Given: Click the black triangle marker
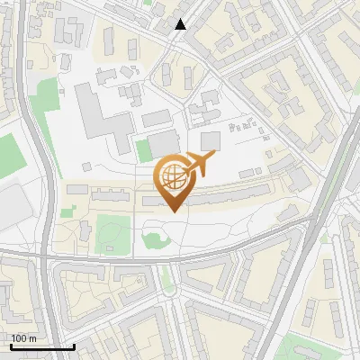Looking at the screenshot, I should [181, 25].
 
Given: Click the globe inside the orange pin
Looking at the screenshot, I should [172, 176].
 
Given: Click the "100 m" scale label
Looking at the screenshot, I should [23, 338].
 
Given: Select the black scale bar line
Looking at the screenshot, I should [42, 346].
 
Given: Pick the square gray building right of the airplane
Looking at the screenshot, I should [211, 140].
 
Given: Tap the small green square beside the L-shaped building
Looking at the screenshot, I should [143, 149].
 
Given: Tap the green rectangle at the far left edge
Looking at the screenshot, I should [7, 153].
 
